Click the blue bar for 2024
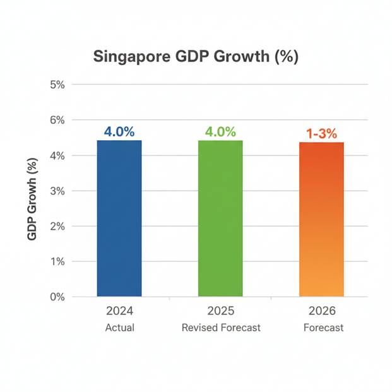coord(119,218)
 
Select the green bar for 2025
coord(220,218)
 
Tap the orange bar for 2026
coord(321,219)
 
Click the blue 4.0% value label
coord(119,133)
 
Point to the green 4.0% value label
coord(220,133)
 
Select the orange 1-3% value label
coord(322,134)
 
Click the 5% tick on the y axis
coord(57,85)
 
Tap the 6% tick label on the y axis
coord(57,120)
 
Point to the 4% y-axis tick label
coord(57,155)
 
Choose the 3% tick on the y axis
coord(57,191)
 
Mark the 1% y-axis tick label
coord(57,261)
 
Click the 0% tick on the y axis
coord(57,297)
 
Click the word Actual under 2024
coord(119,328)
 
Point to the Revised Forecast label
coord(220,328)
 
